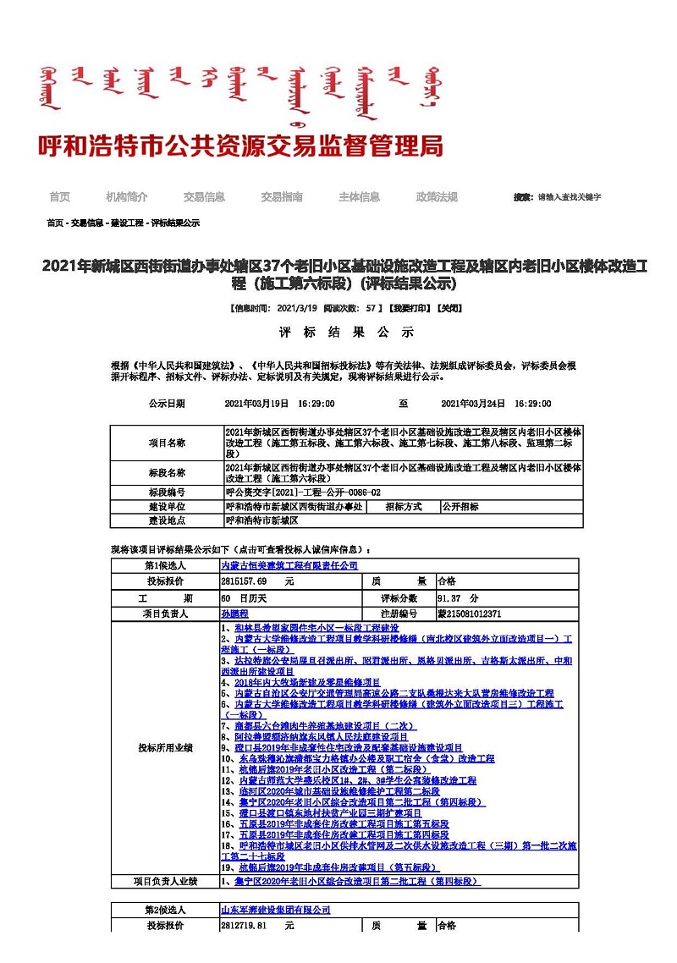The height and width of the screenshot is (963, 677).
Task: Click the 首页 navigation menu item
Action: tap(59, 197)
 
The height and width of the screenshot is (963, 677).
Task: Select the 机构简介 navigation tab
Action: tap(126, 197)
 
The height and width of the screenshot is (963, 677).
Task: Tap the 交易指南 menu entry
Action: tap(282, 197)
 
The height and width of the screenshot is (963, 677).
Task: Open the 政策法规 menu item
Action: tap(437, 197)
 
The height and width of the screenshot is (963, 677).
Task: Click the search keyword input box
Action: tap(570, 197)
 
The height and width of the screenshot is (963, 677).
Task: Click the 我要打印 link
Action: tap(410, 308)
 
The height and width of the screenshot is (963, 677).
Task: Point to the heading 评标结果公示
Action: tap(347, 331)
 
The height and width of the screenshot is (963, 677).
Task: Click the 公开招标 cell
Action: tap(460, 506)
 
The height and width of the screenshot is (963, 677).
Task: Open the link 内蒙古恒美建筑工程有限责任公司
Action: tap(289, 565)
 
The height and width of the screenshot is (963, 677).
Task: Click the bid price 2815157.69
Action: tap(245, 581)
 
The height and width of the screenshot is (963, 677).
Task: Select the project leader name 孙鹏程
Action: tap(234, 614)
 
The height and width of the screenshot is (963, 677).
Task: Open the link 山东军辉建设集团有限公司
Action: tap(276, 910)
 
